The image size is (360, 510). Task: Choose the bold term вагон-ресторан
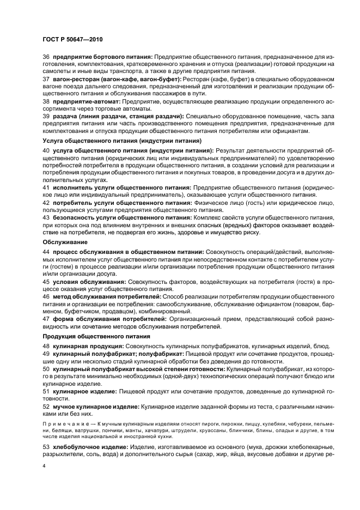(x=77, y=79)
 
